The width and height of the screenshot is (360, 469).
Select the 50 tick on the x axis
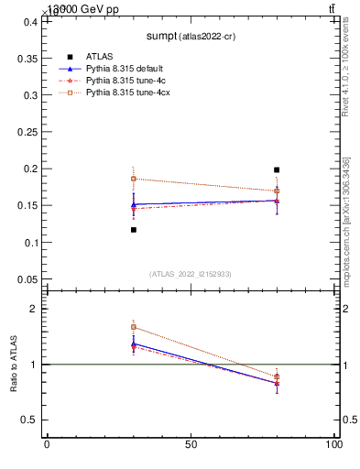pyautogui.click(x=191, y=444)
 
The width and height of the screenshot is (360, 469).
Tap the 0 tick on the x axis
pyautogui.click(x=47, y=444)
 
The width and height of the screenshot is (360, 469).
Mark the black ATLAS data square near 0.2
pyautogui.click(x=277, y=169)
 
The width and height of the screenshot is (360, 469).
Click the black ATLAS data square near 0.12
pyautogui.click(x=134, y=230)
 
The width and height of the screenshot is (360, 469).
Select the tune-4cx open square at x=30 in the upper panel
pyautogui.click(x=134, y=179)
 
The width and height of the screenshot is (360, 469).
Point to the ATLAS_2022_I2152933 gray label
pyautogui.click(x=190, y=274)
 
